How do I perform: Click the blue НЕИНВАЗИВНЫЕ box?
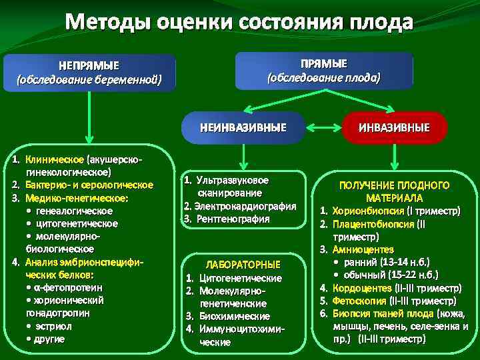tap(243, 127)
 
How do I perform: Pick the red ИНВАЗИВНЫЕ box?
tap(394, 127)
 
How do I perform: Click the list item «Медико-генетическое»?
tap(77, 198)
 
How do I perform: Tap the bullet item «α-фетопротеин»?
tap(67, 287)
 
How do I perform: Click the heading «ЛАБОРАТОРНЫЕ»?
tap(243, 265)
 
